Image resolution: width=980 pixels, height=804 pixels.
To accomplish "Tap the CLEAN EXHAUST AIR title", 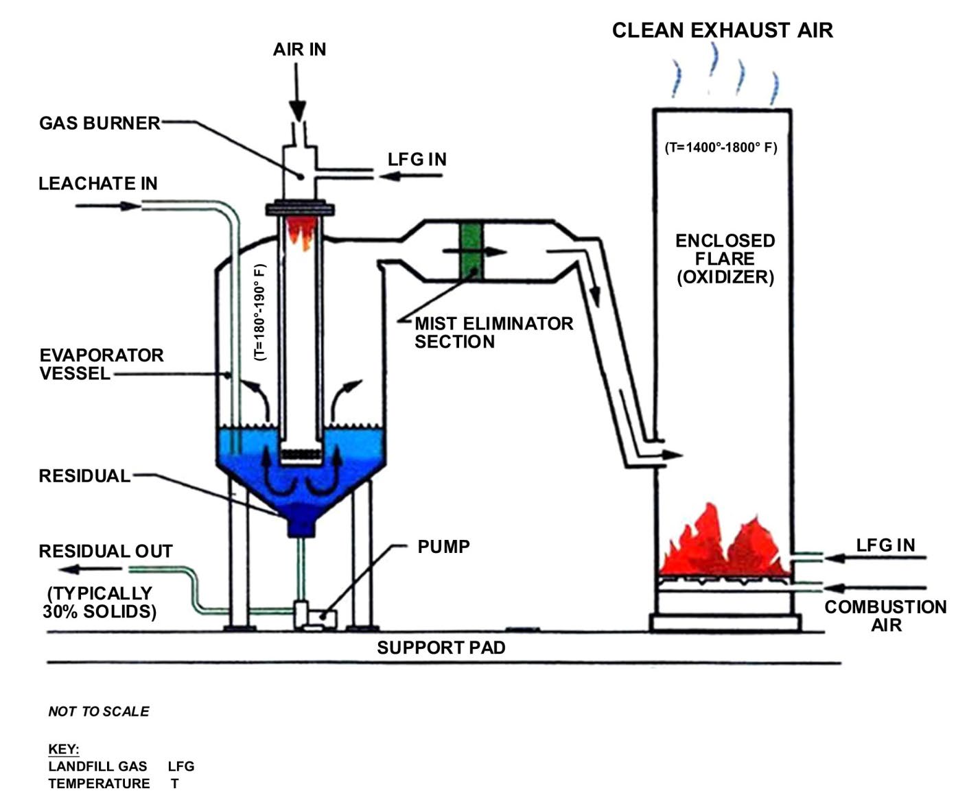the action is click(x=722, y=30).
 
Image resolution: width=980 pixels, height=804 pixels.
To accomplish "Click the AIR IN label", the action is click(x=299, y=49).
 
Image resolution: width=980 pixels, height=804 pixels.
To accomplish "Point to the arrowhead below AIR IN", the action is click(x=297, y=111).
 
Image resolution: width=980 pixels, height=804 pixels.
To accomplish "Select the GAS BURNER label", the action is click(x=100, y=123).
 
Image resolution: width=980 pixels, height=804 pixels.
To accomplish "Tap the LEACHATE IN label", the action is click(x=98, y=183).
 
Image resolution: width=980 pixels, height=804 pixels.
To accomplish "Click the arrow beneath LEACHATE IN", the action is click(x=108, y=206).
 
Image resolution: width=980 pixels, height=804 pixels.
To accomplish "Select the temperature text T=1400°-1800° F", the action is click(x=721, y=147).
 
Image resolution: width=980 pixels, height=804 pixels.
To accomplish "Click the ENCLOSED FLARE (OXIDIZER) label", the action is click(x=725, y=259).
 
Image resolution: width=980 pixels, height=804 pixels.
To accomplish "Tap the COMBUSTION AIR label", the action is click(x=885, y=616).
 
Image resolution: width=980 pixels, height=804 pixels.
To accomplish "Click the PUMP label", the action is click(x=443, y=547).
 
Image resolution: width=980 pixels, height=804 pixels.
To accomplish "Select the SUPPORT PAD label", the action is click(x=441, y=648).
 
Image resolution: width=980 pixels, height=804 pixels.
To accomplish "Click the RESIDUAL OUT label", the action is click(x=106, y=552).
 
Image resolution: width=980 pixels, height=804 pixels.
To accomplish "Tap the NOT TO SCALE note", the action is click(x=99, y=711).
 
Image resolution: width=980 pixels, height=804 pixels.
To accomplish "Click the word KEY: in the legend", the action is click(x=64, y=749).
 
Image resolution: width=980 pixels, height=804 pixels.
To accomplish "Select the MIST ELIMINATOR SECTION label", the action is click(x=493, y=333).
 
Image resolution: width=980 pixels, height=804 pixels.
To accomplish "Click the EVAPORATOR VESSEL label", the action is click(x=102, y=364).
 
